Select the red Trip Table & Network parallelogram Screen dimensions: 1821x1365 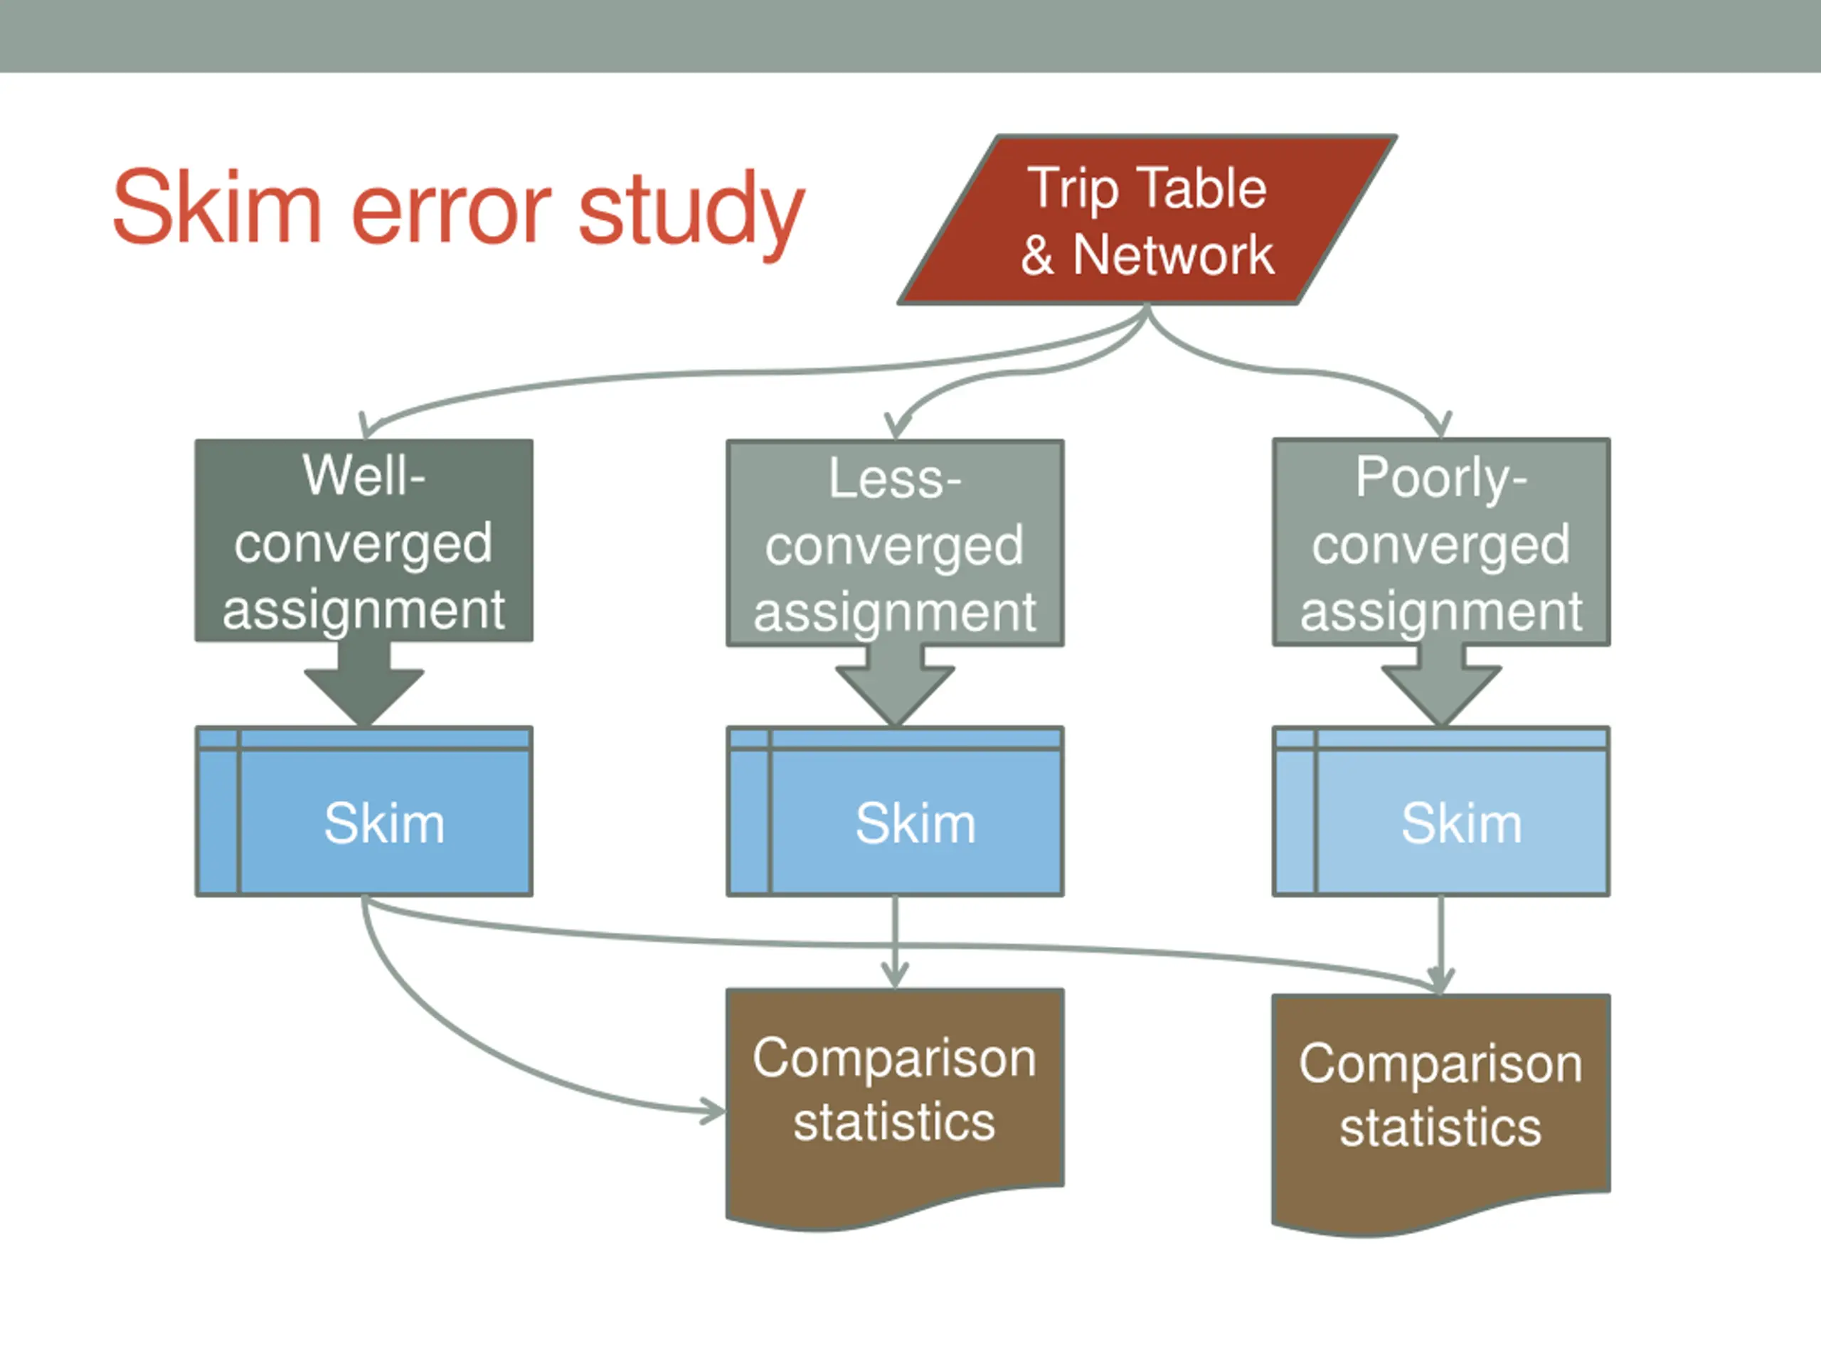tap(1147, 220)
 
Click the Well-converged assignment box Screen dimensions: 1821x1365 tap(364, 540)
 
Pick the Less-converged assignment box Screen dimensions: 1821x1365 tap(895, 543)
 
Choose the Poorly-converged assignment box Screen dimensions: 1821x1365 tap(1440, 542)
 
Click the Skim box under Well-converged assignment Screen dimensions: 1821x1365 tap(364, 811)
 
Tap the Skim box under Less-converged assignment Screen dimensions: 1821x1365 tap(895, 811)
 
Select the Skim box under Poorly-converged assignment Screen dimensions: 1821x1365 tap(1440, 811)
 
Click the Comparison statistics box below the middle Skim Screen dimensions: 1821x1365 tap(895, 1103)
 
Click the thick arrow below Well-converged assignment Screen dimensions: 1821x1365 tap(364, 683)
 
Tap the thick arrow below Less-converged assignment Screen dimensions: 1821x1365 tap(895, 685)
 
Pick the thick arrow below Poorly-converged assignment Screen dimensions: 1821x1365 tap(1440, 685)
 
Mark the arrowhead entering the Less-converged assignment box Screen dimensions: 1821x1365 tap(897, 426)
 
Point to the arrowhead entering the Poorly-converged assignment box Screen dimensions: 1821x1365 tap(1440, 424)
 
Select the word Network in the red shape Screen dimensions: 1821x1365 tap(1173, 255)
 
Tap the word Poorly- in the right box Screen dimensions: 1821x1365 tap(1440, 479)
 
